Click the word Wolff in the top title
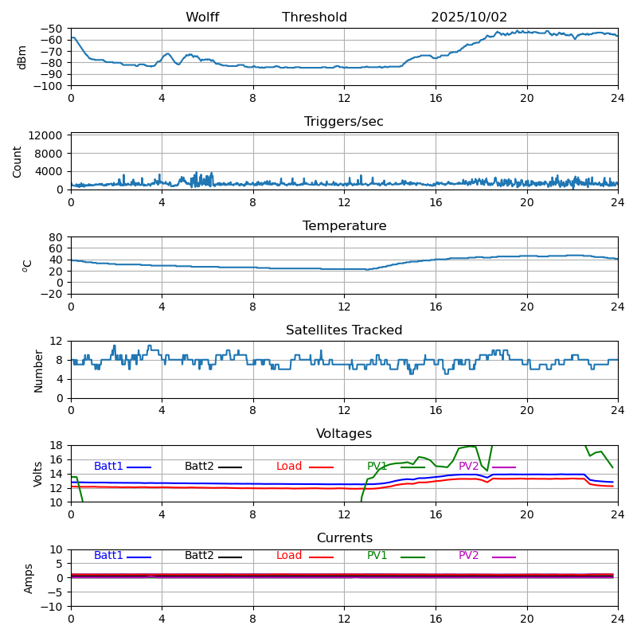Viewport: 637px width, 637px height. click(x=202, y=18)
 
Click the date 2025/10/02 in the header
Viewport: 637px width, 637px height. click(x=469, y=18)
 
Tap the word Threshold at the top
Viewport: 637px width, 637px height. click(x=315, y=18)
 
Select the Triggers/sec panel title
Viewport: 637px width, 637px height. click(x=344, y=122)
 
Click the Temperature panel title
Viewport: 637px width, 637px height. click(x=344, y=226)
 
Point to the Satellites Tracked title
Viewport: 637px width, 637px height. click(x=344, y=330)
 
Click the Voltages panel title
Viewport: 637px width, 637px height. click(x=344, y=434)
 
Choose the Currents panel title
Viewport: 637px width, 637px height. click(x=344, y=538)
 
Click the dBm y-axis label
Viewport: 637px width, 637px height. click(x=22, y=57)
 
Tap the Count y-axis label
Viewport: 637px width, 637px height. click(x=18, y=161)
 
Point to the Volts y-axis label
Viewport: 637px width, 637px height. click(x=38, y=474)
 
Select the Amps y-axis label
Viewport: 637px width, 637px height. click(x=29, y=578)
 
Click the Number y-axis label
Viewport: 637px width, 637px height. click(x=38, y=369)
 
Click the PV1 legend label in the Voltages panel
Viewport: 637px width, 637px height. click(x=377, y=467)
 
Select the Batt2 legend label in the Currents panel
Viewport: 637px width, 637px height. click(x=199, y=556)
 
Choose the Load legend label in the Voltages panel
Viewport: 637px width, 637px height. click(x=289, y=467)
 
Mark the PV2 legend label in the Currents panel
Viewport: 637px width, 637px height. click(x=468, y=556)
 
